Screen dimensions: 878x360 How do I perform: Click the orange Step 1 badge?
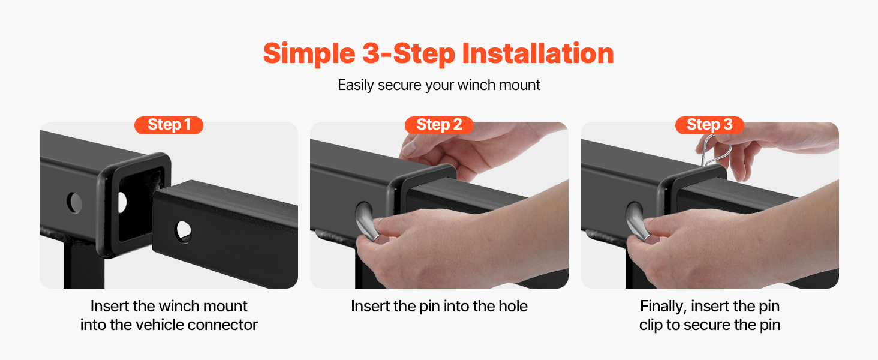click(169, 125)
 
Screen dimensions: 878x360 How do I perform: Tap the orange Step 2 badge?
click(439, 125)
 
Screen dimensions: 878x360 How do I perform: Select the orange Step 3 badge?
click(709, 125)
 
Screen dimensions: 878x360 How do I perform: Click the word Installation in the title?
click(538, 53)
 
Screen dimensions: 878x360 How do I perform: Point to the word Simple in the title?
click(309, 54)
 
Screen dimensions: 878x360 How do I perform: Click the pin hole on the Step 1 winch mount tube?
click(184, 232)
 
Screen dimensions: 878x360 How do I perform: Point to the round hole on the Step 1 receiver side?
click(74, 203)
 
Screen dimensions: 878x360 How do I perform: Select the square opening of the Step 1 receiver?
click(139, 204)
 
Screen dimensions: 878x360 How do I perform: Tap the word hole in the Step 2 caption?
click(513, 306)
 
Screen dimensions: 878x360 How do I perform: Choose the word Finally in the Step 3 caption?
click(663, 307)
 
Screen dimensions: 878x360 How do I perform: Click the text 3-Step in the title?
click(408, 54)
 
